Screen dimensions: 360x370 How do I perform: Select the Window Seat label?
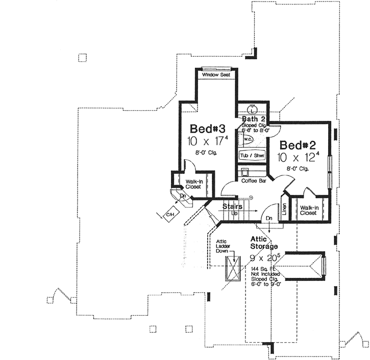tap(216, 75)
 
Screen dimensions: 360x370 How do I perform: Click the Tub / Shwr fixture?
tap(252, 155)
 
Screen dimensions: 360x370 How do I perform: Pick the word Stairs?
tap(232, 207)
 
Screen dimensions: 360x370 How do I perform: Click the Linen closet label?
tap(284, 210)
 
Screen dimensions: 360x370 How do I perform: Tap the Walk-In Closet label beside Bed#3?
tap(193, 184)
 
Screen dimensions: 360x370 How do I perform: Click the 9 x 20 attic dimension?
tap(263, 258)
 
